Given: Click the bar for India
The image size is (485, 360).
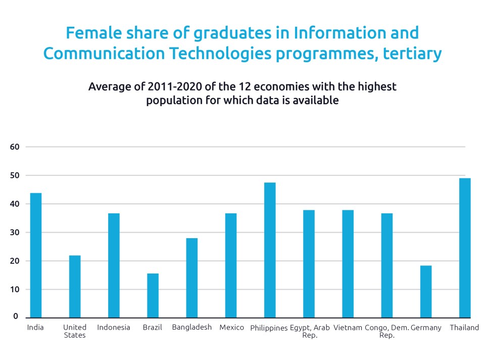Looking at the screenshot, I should tap(36, 255).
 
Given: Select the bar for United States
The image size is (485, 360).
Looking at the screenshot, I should tap(75, 286).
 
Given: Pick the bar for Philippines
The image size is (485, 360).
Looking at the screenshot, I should tap(270, 250).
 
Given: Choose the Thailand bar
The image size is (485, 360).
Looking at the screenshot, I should tap(465, 248).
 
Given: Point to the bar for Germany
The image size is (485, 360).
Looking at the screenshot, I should tap(426, 292).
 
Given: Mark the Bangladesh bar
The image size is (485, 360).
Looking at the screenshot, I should tap(192, 278).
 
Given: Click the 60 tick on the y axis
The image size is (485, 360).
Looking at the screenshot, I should tap(14, 147).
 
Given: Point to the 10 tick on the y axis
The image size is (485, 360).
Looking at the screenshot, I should tap(14, 290).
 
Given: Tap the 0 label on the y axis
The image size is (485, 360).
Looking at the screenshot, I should tap(16, 317).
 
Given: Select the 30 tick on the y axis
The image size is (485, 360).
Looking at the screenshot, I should tap(14, 233).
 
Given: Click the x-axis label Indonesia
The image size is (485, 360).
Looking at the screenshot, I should tap(114, 328).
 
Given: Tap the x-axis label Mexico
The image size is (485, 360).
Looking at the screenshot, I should tap(232, 328).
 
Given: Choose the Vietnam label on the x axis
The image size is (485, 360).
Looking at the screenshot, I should tap(348, 328).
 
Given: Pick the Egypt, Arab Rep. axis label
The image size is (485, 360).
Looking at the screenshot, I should tap(310, 331).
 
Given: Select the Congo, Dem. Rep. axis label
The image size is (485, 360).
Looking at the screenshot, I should tap(387, 331).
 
